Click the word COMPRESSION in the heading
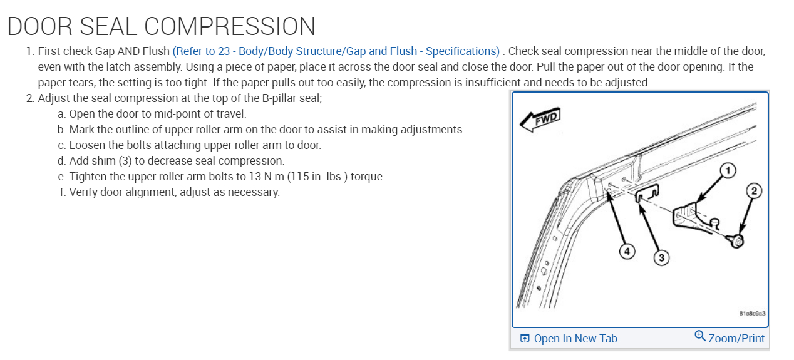click(229, 26)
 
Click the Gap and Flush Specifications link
click(336, 51)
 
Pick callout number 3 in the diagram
click(661, 257)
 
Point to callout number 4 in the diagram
click(625, 251)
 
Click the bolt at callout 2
click(738, 240)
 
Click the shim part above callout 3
click(647, 196)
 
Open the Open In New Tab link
click(575, 339)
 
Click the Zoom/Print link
click(736, 339)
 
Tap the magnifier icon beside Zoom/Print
click(701, 336)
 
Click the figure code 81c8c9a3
click(752, 312)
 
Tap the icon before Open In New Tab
click(525, 339)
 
